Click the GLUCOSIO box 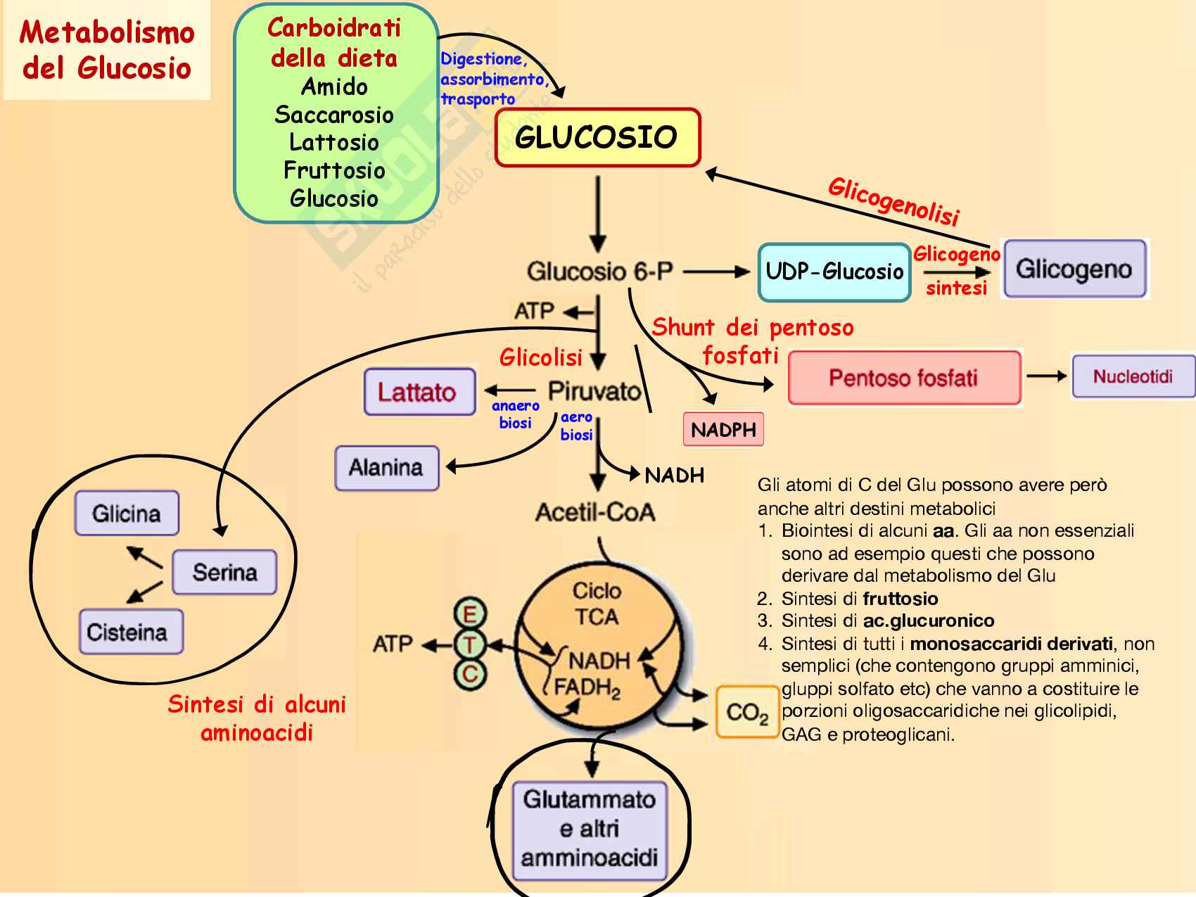(597, 137)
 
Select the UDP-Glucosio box (834, 272)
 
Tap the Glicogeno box (1074, 269)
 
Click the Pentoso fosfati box (904, 378)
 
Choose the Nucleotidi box (1132, 376)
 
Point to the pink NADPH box (723, 430)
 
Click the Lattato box (419, 392)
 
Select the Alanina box (386, 468)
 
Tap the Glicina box (127, 514)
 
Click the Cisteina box (130, 632)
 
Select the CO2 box (747, 712)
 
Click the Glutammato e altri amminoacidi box (590, 830)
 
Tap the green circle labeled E (469, 614)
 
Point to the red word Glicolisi (540, 358)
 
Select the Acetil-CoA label (595, 512)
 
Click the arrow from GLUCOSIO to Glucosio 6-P (597, 215)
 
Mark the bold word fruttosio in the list (900, 599)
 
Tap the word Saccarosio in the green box (334, 115)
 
